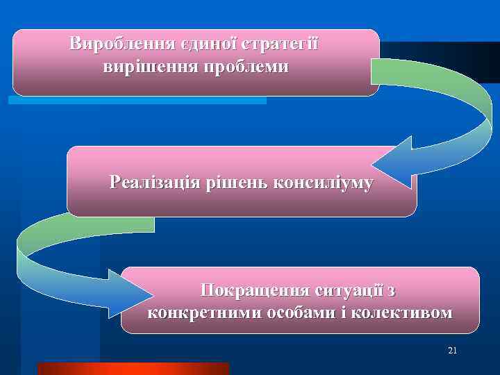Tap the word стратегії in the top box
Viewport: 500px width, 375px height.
(x=279, y=44)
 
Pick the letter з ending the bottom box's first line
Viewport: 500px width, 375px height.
(x=392, y=290)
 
